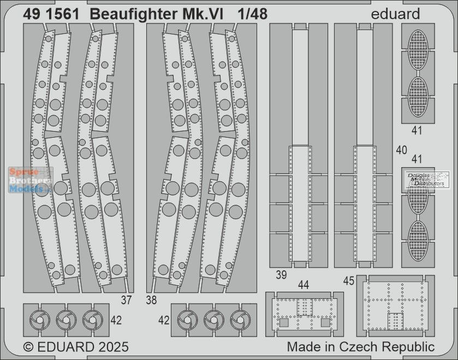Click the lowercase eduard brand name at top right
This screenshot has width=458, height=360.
(x=398, y=15)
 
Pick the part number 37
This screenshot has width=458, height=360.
(x=127, y=299)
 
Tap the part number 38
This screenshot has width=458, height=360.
(x=152, y=299)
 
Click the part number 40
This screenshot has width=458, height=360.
(x=402, y=150)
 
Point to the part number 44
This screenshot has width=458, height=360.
(x=304, y=285)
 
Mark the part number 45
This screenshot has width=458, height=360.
(x=349, y=281)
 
